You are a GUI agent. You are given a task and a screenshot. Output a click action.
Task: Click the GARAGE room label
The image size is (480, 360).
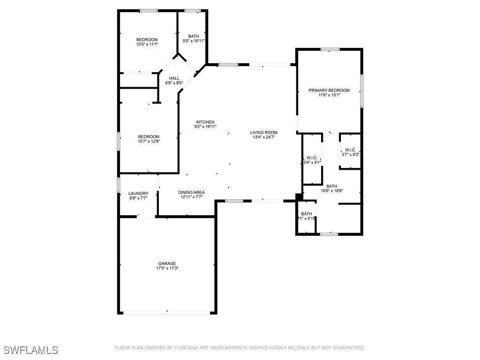click(x=166, y=263)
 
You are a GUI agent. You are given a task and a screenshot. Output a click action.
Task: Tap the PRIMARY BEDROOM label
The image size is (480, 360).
click(x=329, y=90)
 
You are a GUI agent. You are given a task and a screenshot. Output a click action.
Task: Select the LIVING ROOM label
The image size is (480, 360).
click(x=263, y=133)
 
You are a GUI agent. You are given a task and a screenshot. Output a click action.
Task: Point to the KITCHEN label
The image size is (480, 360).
click(x=205, y=122)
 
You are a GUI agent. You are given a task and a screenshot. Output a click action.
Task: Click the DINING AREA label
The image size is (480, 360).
click(x=191, y=192)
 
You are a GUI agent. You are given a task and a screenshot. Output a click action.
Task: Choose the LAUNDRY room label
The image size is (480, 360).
click(x=138, y=193)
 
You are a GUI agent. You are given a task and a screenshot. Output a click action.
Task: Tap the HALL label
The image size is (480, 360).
click(x=174, y=78)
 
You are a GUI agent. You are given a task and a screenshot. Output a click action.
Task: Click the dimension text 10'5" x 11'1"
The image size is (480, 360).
click(x=147, y=45)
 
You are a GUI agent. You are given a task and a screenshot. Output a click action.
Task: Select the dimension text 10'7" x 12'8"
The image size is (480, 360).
click(x=149, y=142)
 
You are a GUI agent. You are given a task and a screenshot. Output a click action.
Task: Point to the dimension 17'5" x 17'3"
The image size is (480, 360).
click(x=167, y=269)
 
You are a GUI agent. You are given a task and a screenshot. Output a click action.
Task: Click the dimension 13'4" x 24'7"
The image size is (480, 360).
click(x=263, y=137)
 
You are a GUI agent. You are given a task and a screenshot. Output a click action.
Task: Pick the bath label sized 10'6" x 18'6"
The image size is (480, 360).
click(x=331, y=186)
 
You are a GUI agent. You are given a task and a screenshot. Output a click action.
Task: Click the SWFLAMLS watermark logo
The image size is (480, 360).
click(x=30, y=350)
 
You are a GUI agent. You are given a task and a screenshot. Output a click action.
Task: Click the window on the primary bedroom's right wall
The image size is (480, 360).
click(x=361, y=90)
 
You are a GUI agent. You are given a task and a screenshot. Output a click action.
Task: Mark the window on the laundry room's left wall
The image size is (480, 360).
click(x=118, y=184)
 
